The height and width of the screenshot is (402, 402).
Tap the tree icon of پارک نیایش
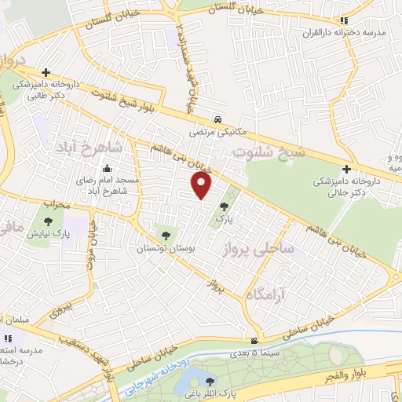pyautogui.click(x=49, y=221)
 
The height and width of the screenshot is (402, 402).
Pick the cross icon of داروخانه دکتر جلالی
pyautogui.click(x=346, y=168)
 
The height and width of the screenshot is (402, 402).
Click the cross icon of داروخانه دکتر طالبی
pyautogui.click(x=46, y=72)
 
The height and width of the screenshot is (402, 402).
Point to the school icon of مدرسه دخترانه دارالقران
pyautogui.click(x=343, y=21)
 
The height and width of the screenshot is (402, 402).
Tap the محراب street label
pyautogui.click(x=56, y=203)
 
